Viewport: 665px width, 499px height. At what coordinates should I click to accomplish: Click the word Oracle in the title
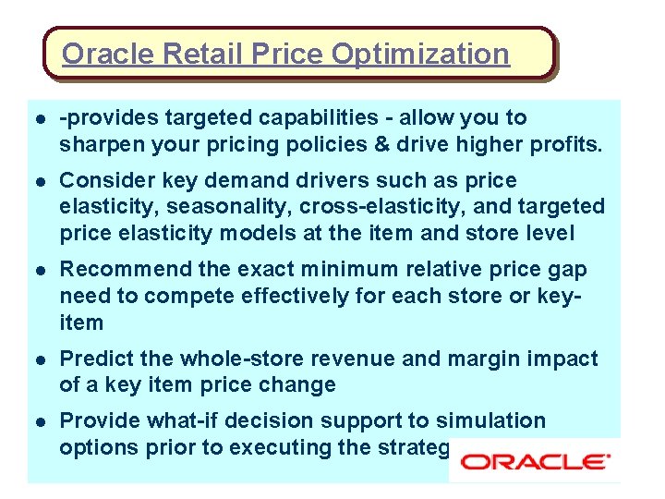click(x=108, y=54)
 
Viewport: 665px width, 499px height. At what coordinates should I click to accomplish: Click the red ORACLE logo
click(x=535, y=460)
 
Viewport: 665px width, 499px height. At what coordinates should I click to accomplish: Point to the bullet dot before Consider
click(x=39, y=181)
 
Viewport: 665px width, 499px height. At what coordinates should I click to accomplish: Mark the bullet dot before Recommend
click(x=39, y=270)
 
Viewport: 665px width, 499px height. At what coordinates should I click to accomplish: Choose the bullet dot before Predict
click(x=39, y=359)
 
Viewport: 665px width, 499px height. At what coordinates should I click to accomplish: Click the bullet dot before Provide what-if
click(x=39, y=421)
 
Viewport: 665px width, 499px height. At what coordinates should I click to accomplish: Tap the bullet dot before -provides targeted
click(x=39, y=119)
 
